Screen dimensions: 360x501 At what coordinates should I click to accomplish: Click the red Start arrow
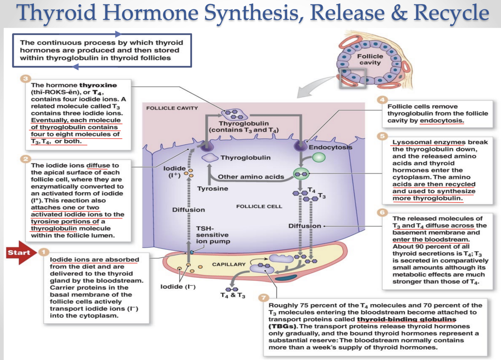point(20,253)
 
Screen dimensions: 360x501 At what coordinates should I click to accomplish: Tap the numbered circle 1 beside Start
point(44,252)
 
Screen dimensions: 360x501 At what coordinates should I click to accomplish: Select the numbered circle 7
point(263,298)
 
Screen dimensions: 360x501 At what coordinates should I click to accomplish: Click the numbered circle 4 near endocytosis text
point(382,100)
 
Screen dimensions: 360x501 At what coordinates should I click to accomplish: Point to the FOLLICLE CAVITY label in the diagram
point(172,108)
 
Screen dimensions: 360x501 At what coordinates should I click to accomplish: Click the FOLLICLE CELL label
point(259,206)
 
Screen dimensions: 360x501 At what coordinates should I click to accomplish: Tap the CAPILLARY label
point(228,265)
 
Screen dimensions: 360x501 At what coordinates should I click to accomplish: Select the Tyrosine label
point(213,189)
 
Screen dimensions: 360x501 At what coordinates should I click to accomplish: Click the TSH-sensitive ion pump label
point(213,235)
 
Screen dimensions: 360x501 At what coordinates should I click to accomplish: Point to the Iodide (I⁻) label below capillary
point(178,287)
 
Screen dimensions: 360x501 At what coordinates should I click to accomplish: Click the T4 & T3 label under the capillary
point(232,295)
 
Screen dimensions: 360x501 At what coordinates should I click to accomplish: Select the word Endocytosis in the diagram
point(330,147)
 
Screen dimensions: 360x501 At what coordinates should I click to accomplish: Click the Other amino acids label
point(251,177)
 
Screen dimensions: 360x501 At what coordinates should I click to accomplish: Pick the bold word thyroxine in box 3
point(98,85)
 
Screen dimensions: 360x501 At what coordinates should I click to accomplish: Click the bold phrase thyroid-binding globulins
point(406,319)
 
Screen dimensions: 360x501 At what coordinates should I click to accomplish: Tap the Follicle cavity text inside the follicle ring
point(370,59)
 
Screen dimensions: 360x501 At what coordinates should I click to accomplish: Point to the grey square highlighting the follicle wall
point(352,79)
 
